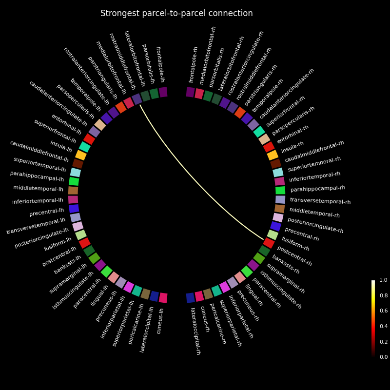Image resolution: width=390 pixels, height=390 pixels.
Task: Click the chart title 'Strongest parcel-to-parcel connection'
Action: point(176,14)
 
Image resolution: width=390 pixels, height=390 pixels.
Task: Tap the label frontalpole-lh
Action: point(160,64)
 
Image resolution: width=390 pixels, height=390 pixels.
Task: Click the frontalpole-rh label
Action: point(194,64)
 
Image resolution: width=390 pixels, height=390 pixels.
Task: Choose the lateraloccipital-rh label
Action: point(195,331)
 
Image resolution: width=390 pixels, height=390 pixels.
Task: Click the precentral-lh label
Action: point(47,212)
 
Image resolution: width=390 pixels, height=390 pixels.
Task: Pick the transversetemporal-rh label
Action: point(320,200)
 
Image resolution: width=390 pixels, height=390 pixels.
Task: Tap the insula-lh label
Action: point(61,147)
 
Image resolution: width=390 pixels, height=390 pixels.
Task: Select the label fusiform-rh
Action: point(295,244)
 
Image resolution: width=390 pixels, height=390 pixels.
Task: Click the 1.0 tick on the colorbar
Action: point(383,280)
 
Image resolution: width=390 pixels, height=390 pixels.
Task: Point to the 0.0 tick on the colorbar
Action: point(383,357)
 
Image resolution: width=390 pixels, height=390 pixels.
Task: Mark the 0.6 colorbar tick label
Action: point(383,311)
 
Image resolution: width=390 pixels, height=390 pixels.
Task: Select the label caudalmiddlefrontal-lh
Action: point(39,151)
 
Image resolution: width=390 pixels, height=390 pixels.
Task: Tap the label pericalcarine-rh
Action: point(217,324)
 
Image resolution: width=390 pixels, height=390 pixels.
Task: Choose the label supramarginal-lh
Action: point(68,279)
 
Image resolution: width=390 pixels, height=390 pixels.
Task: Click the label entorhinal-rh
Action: point(292,134)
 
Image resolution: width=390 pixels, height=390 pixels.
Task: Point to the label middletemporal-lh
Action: point(38,189)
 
